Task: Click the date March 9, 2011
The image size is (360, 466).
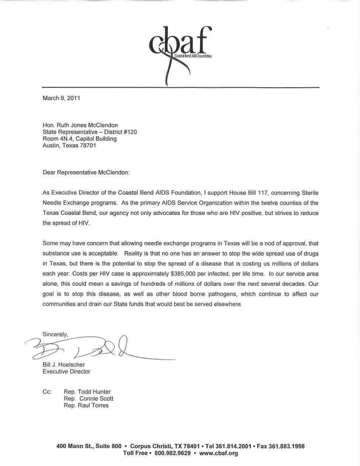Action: click(61, 98)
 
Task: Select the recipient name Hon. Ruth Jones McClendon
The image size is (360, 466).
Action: click(80, 125)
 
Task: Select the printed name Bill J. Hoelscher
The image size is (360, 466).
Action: click(63, 365)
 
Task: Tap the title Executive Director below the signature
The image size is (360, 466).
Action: click(66, 372)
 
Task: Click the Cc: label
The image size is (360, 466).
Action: click(47, 392)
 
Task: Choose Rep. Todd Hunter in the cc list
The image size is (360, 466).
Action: click(87, 392)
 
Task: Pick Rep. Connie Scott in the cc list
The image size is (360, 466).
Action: click(89, 399)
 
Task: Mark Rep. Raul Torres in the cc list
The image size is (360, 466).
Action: click(86, 406)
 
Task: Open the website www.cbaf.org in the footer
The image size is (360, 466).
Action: click(218, 453)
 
